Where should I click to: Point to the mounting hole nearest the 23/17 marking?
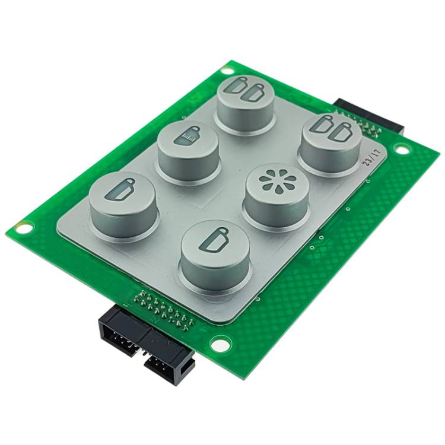point(401,149)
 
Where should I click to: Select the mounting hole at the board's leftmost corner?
point(24,227)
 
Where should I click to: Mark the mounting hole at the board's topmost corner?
point(227,71)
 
